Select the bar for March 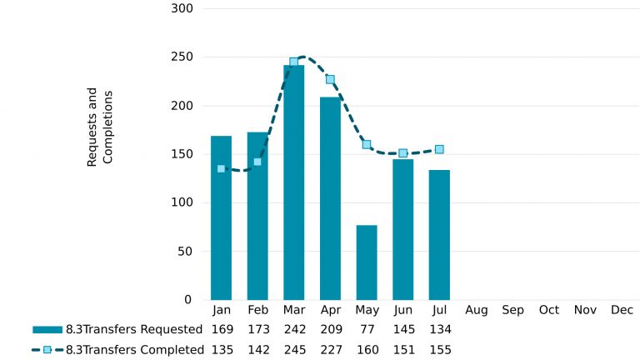click(x=293, y=182)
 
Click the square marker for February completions click(x=257, y=162)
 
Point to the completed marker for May click(x=367, y=144)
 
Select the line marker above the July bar click(x=439, y=149)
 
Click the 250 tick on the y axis click(x=182, y=57)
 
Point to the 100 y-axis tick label click(x=182, y=202)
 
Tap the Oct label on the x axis click(x=549, y=310)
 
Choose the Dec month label click(x=622, y=310)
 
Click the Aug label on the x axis click(x=477, y=310)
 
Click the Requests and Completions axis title click(x=99, y=127)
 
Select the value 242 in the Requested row click(x=294, y=328)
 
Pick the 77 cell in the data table click(x=367, y=328)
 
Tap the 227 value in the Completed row click(x=331, y=350)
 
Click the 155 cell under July click(x=439, y=350)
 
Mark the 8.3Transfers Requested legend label click(x=134, y=328)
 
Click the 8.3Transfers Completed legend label click(x=134, y=350)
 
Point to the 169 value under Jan click(x=221, y=328)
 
